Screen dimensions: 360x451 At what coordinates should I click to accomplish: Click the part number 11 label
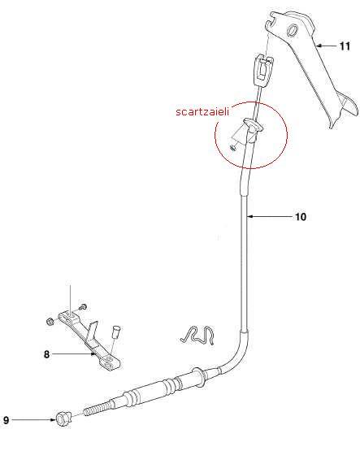345,46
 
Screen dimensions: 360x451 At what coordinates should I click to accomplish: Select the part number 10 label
301,217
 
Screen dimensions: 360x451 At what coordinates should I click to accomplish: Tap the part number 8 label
46,354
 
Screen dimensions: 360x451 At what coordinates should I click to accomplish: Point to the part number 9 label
6,420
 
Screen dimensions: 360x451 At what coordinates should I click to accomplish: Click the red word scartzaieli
202,111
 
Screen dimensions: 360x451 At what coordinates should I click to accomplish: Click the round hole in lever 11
293,29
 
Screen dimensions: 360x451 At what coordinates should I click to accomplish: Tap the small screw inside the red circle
233,148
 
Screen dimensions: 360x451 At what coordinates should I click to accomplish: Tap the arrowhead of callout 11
318,46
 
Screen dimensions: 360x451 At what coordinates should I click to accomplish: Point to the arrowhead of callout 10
249,216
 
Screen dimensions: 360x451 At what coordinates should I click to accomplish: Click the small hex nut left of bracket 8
50,321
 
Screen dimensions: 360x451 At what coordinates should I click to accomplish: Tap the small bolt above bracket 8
82,307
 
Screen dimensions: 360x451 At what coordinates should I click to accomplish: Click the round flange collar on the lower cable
199,375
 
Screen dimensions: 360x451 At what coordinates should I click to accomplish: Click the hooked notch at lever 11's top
270,23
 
